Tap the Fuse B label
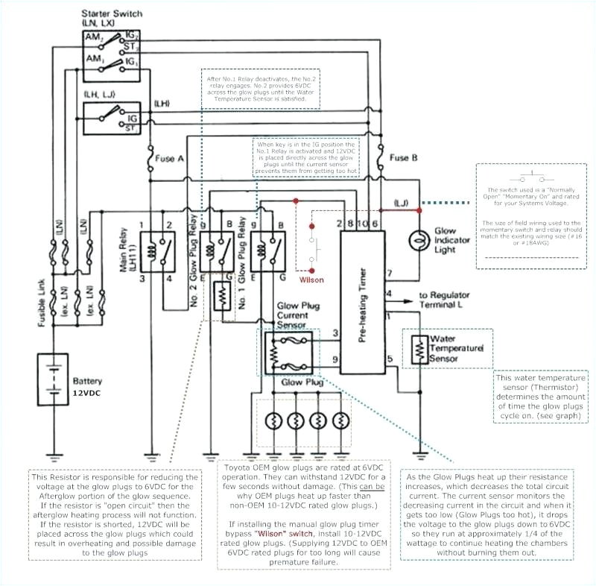coord(404,158)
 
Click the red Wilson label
coord(311,280)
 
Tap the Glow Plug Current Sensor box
coord(288,351)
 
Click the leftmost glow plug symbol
coord(273,421)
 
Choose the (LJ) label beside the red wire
coord(402,203)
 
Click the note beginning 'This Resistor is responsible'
coord(115,514)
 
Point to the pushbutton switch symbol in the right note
coord(530,179)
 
